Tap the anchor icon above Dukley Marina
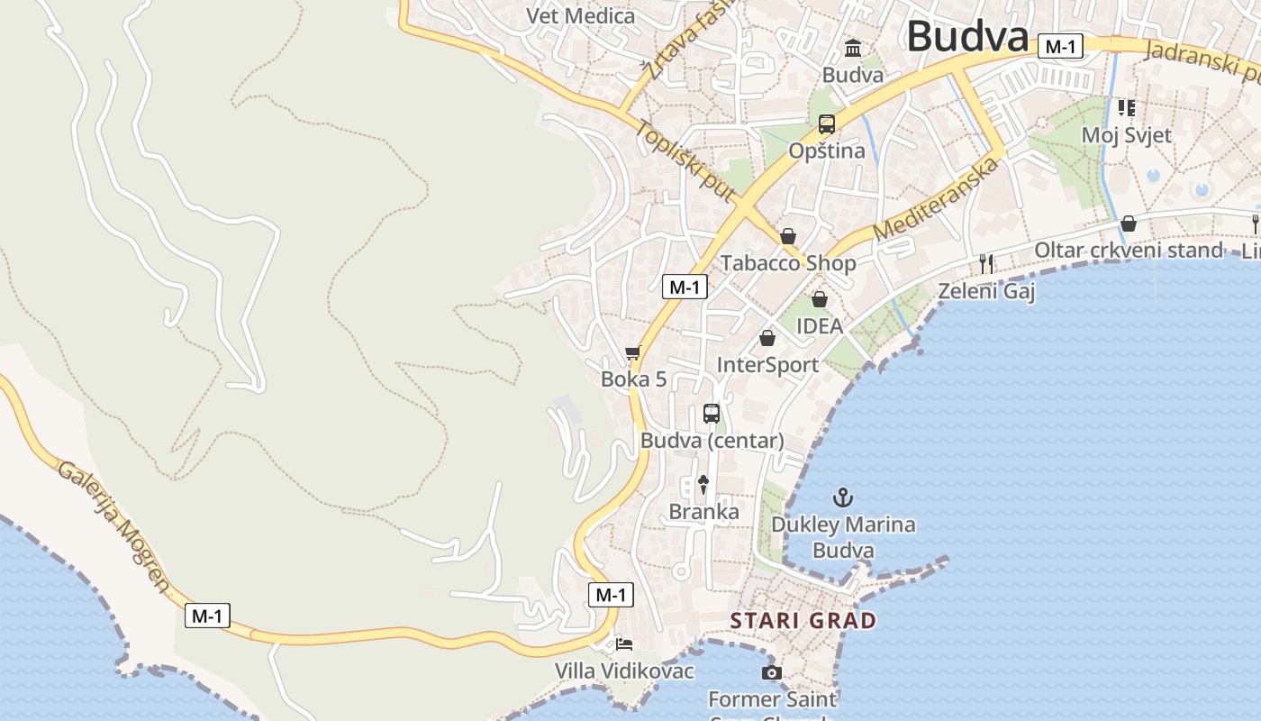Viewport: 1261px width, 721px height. click(843, 497)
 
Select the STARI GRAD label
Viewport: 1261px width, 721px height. click(803, 620)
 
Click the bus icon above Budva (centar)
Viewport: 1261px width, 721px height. click(712, 414)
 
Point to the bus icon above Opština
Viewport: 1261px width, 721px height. click(827, 124)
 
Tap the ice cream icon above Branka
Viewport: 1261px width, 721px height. click(703, 485)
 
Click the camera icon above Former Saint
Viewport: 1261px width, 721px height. click(772, 672)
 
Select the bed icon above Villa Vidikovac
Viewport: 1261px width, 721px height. click(624, 644)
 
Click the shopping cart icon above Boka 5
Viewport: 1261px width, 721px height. click(633, 352)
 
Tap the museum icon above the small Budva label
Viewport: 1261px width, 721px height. click(853, 48)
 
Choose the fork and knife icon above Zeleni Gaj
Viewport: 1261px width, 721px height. click(987, 264)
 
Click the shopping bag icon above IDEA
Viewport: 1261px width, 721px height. click(820, 299)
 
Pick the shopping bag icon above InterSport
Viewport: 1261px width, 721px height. click(767, 338)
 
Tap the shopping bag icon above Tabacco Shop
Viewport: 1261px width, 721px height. click(788, 236)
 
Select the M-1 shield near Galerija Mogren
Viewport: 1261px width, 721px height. click(208, 616)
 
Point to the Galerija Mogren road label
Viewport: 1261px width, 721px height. click(113, 527)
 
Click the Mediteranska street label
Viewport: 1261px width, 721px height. click(937, 198)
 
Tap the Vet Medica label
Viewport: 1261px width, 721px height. click(580, 15)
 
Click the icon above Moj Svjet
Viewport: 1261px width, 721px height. click(1126, 108)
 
